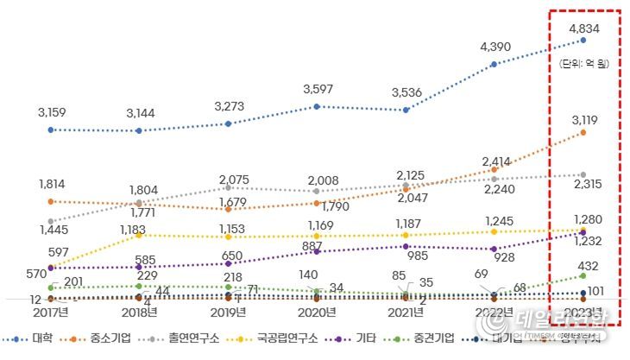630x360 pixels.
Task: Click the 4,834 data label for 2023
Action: (584, 28)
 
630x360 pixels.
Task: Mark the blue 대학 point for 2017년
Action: (51, 129)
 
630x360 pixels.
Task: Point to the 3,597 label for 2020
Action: (318, 89)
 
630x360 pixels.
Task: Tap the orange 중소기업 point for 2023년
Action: (584, 133)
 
